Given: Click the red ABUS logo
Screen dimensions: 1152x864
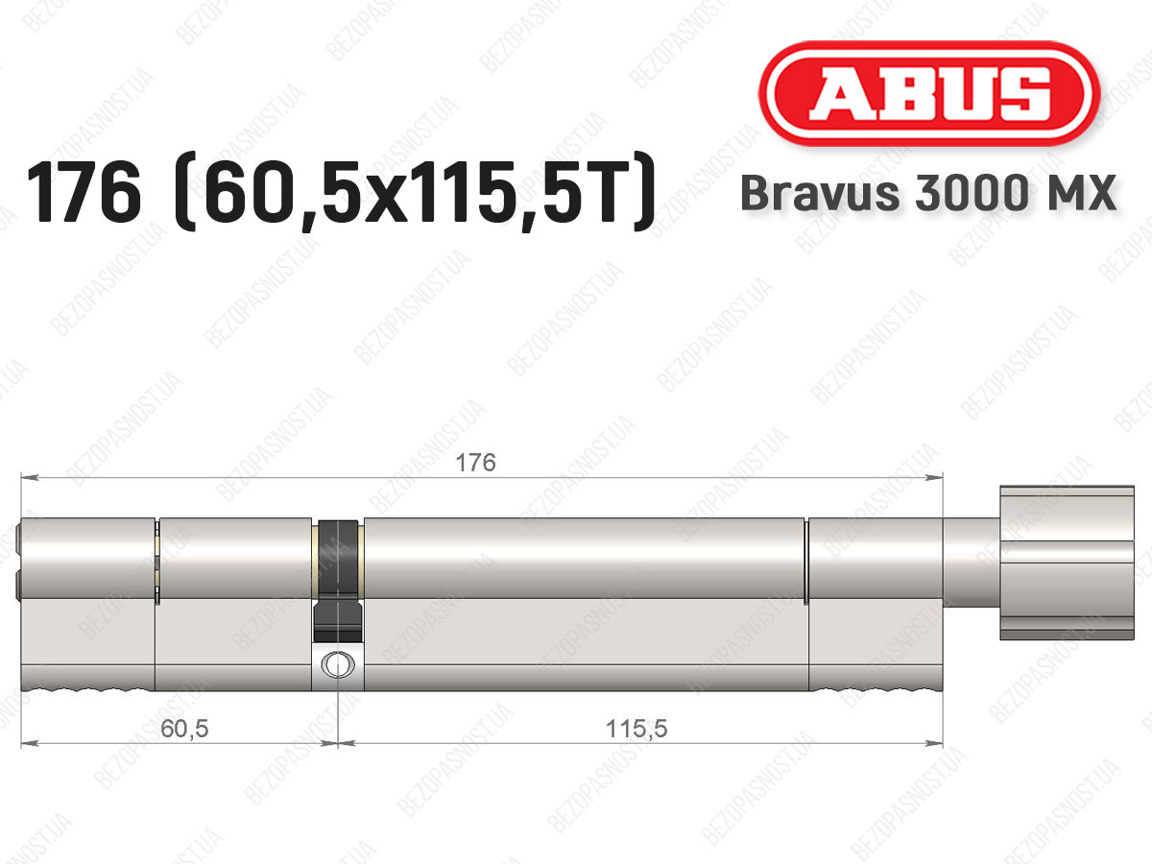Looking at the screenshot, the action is click(929, 93).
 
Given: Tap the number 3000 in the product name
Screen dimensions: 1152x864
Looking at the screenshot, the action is click(972, 193).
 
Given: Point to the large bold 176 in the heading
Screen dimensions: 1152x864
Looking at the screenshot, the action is click(84, 192).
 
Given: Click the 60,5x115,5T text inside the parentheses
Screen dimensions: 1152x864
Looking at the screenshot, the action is click(414, 192).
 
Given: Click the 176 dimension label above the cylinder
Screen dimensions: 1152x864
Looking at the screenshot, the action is click(475, 463).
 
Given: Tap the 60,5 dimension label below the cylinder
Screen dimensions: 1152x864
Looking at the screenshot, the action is click(184, 728).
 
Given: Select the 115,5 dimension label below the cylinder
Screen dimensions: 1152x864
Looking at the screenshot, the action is click(636, 728).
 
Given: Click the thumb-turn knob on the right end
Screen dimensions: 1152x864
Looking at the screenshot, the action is click(1067, 563).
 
